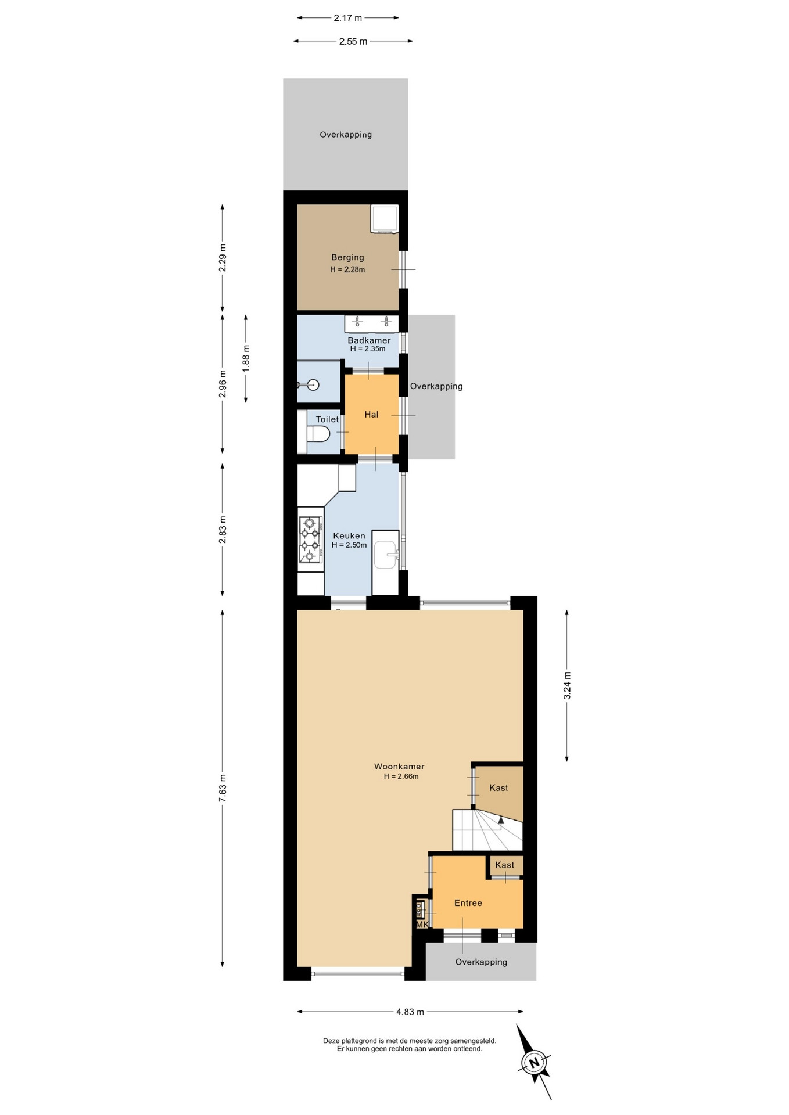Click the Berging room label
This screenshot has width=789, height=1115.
[347, 257]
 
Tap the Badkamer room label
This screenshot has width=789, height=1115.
[369, 340]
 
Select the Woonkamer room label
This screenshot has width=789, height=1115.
[399, 767]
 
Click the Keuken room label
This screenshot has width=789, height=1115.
[349, 536]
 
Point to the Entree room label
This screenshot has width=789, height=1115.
[468, 903]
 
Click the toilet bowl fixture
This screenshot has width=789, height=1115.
[318, 433]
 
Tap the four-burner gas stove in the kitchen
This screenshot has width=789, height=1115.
[310, 540]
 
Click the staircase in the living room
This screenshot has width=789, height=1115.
[487, 829]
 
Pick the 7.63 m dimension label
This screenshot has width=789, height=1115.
[222, 789]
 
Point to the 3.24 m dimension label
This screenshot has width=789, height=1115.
[567, 685]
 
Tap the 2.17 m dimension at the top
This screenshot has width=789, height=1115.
[348, 18]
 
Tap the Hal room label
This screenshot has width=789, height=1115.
[371, 415]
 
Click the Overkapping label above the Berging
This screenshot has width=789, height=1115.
[346, 135]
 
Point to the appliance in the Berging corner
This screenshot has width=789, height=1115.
[385, 219]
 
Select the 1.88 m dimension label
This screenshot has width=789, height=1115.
[246, 359]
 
